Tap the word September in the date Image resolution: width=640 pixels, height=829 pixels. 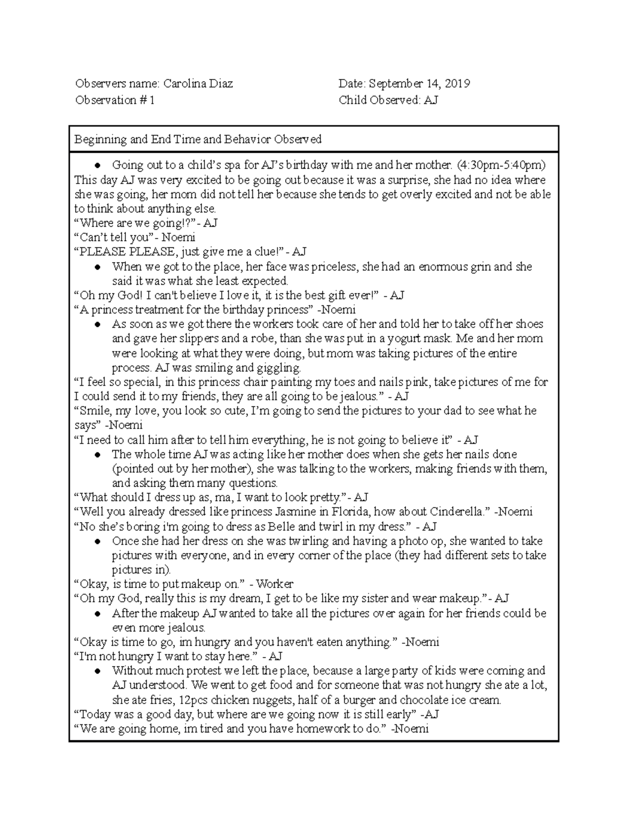tap(395, 84)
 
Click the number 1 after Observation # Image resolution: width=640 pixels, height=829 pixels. tap(152, 100)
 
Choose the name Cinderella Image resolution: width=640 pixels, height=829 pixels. tap(459, 512)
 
